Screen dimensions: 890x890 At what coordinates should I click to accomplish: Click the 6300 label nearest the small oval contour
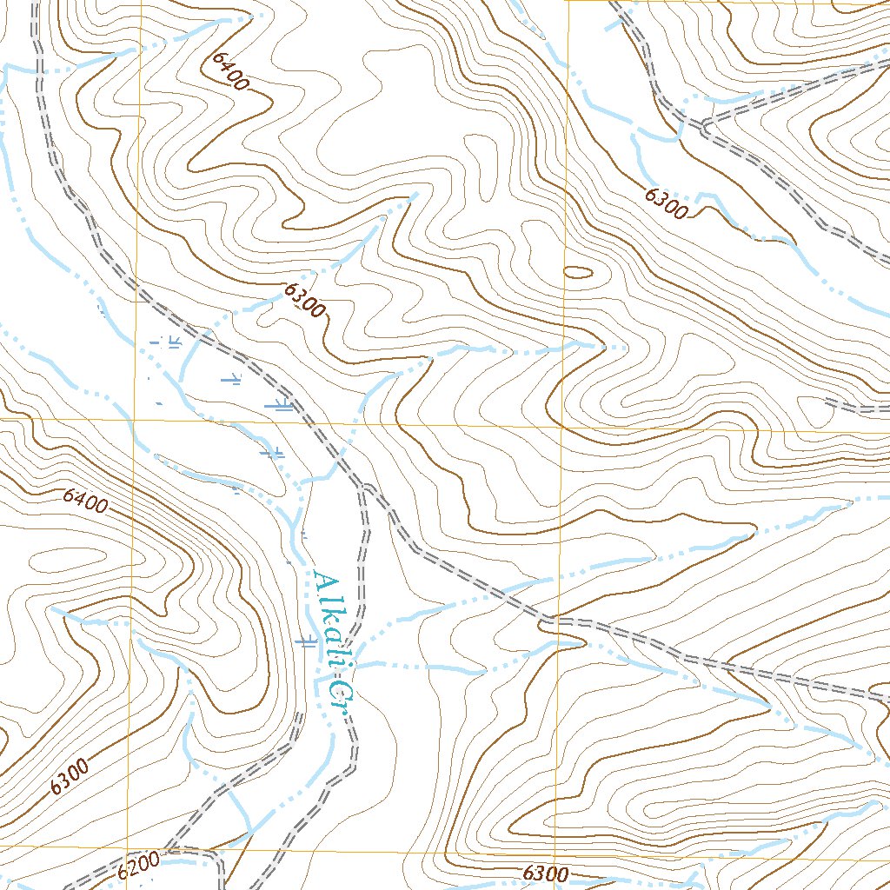667,203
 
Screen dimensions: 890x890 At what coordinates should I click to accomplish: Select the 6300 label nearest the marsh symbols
303,302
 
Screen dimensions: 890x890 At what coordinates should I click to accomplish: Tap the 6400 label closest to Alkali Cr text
85,501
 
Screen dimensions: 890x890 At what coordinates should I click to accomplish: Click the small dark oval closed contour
578,272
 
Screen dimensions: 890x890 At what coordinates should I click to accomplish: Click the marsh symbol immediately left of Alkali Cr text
305,642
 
